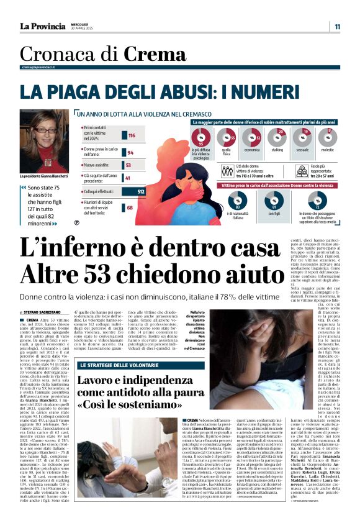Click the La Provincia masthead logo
pyautogui.click(x=42, y=26)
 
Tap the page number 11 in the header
pyautogui.click(x=337, y=27)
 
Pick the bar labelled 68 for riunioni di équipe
pyautogui.click(x=130, y=208)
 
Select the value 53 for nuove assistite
pyautogui.click(x=128, y=165)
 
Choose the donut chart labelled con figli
pyautogui.click(x=275, y=200)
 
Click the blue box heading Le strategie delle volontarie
pyautogui.click(x=115, y=347)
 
